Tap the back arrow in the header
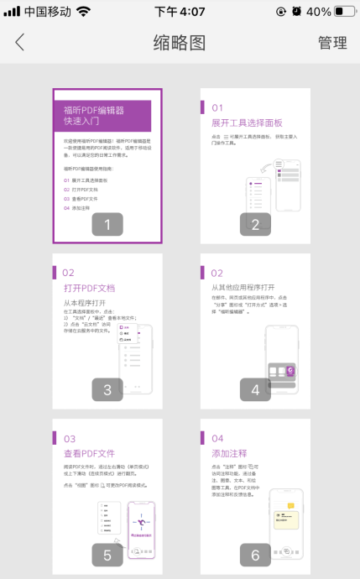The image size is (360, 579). coord(20,43)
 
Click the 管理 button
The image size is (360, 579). coord(332,43)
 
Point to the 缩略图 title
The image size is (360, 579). coord(180,43)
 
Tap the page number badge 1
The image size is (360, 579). coord(107,224)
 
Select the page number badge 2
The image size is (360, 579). coord(255,224)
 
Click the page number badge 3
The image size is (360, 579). coord(107,389)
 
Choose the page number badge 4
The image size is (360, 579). coord(255,389)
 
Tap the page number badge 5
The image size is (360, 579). coord(107,555)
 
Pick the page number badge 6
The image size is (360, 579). coord(255,555)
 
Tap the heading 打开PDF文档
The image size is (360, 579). coord(89,288)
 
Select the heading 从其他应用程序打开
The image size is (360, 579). coord(248,287)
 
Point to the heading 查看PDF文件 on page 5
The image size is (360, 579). coord(89,453)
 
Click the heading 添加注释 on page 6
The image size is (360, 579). coord(229,453)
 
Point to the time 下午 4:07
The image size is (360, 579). coord(180,12)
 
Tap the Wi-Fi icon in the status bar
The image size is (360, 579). coord(82,12)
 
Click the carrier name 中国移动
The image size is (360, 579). coord(47,12)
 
